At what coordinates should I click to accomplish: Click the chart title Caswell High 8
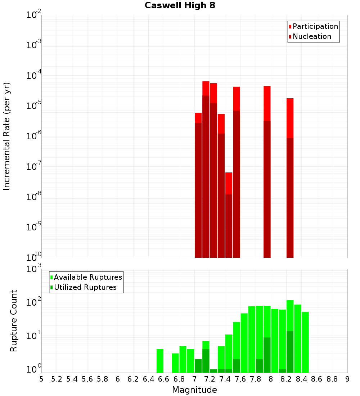[x=180, y=6]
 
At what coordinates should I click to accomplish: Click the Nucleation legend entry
[x=312, y=36]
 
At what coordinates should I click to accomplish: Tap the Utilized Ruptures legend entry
[x=85, y=287]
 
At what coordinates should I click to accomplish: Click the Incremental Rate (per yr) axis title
[x=6, y=136]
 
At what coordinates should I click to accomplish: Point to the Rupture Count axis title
[x=14, y=320]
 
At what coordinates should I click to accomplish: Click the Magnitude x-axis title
[x=194, y=390]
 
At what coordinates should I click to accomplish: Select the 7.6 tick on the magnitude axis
[x=240, y=379]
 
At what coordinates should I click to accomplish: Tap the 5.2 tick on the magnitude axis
[x=57, y=379]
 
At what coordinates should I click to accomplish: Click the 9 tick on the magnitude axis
[x=347, y=379]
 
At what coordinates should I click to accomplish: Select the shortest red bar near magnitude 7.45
[x=229, y=184]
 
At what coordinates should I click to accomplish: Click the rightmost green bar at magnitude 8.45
[x=305, y=342]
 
